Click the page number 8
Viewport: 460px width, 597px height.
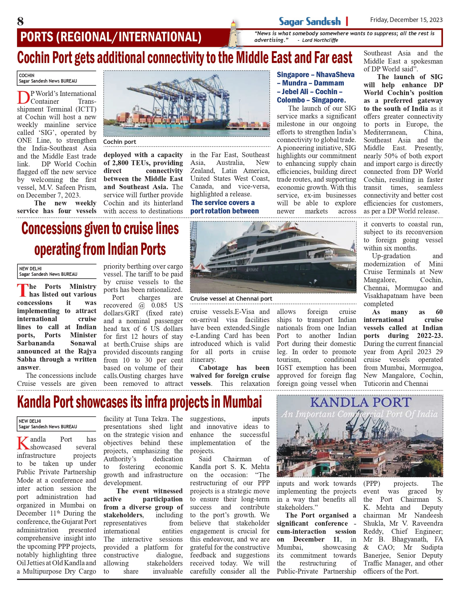pos(20,21)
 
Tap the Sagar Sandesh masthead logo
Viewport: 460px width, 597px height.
pos(309,22)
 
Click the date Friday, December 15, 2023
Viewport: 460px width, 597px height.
pos(406,20)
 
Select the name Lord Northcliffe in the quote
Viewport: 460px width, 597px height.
pos(320,40)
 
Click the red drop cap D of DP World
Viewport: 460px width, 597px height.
pos(23,98)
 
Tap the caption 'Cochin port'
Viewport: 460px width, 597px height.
pos(120,142)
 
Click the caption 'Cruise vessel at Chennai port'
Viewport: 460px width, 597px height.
pos(231,299)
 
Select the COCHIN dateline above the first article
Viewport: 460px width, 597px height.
pos(27,75)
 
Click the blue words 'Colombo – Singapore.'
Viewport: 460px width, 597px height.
pos(311,100)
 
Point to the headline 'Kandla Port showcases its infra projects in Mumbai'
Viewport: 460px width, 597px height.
pos(139,402)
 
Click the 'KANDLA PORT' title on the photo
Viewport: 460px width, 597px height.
pos(361,403)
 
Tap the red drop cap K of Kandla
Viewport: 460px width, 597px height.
pos(23,443)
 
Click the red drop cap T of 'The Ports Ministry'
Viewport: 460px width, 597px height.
pos(22,291)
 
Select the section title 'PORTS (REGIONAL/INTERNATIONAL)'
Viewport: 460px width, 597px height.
pos(111,37)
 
